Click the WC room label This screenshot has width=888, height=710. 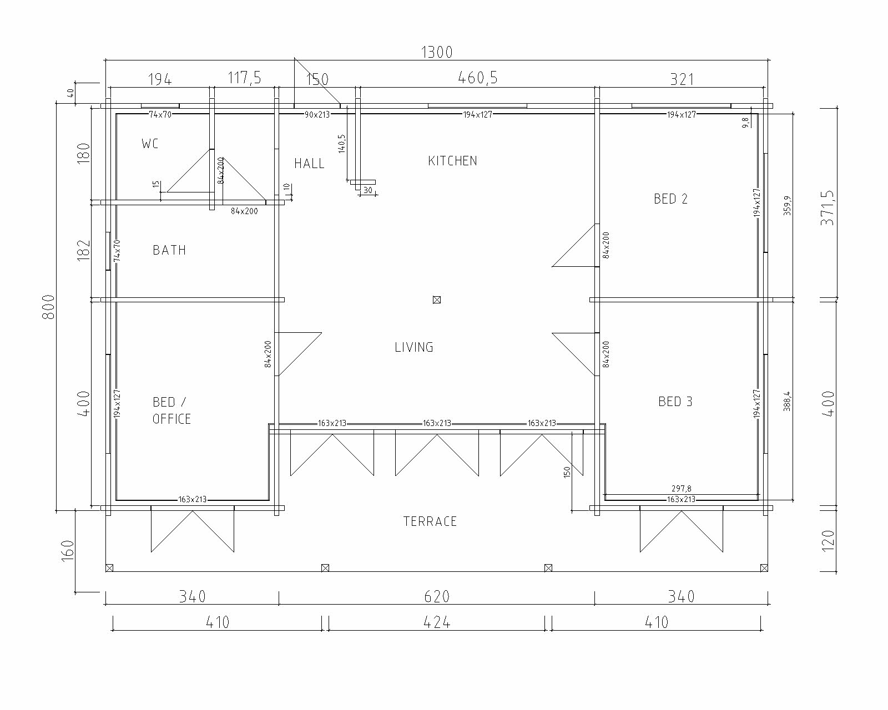click(150, 144)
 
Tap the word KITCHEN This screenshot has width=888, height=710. click(453, 161)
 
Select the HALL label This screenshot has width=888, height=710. click(309, 164)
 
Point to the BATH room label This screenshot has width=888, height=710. click(169, 250)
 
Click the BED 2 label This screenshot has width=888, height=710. click(670, 199)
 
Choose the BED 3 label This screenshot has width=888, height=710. click(675, 402)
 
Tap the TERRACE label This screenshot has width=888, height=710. click(430, 522)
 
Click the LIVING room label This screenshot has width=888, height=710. click(414, 347)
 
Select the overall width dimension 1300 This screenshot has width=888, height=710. click(437, 52)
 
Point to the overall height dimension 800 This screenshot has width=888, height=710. click(49, 307)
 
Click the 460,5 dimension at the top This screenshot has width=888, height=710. click(478, 78)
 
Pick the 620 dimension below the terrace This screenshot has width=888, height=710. click(437, 596)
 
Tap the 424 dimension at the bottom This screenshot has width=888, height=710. click(437, 622)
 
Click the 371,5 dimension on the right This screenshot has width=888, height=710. click(828, 208)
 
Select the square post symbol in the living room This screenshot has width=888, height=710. click(437, 300)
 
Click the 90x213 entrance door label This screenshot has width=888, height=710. click(317, 115)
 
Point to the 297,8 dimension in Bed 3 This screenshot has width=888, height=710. click(682, 489)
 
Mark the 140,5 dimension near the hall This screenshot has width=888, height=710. click(342, 144)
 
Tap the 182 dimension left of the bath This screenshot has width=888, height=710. click(84, 250)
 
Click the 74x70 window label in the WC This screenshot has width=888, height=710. click(160, 115)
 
